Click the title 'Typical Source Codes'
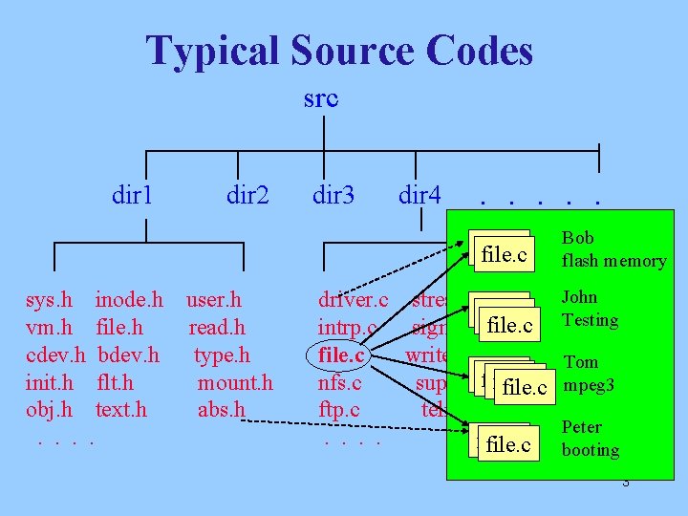click(x=339, y=51)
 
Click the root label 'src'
click(x=320, y=98)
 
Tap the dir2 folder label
click(x=247, y=197)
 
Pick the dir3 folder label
click(x=333, y=197)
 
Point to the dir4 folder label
click(x=419, y=197)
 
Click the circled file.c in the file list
click(x=341, y=355)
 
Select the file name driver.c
click(x=353, y=301)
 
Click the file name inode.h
click(x=129, y=301)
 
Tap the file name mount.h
click(x=235, y=383)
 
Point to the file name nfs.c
click(x=339, y=383)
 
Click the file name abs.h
click(x=221, y=410)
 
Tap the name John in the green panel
click(x=579, y=297)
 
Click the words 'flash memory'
click(x=613, y=261)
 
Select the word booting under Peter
click(x=591, y=449)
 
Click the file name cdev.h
click(x=55, y=355)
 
